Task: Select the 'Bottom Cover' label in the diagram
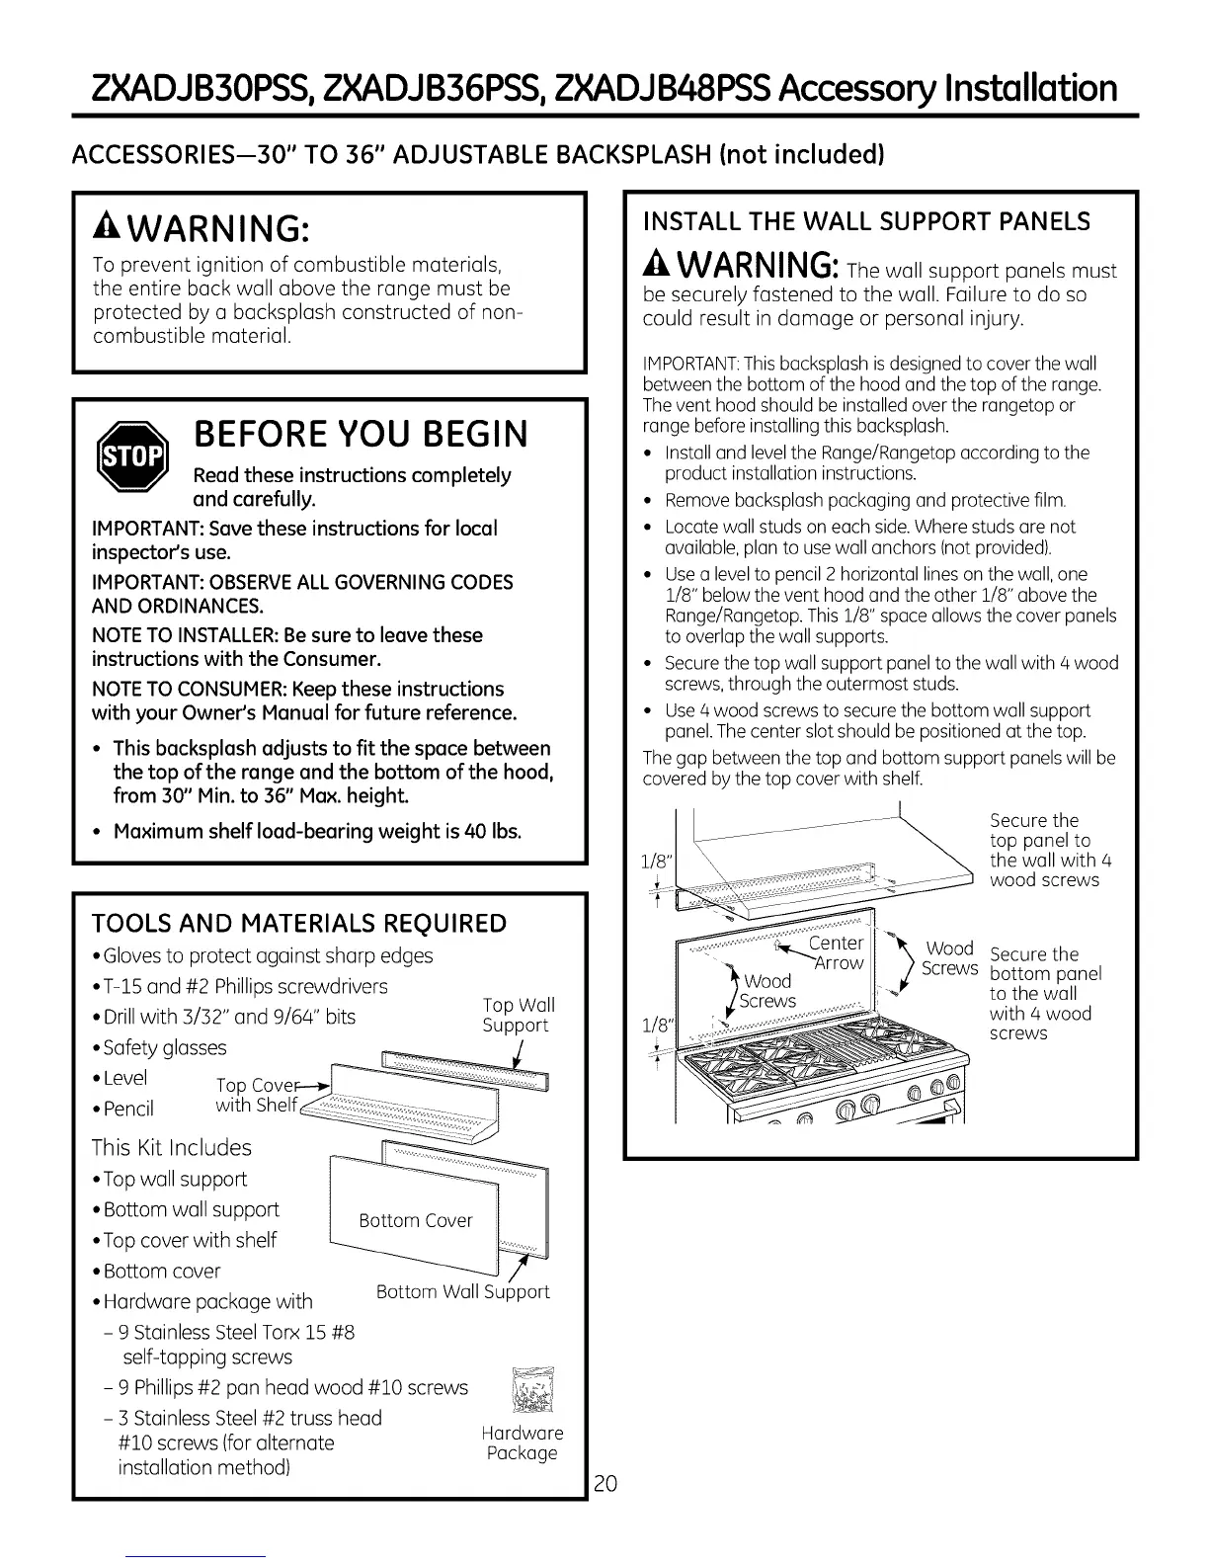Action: point(416,1220)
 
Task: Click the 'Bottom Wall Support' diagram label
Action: point(462,1291)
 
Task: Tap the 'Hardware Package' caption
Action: point(522,1442)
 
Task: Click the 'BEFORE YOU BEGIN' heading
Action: point(361,434)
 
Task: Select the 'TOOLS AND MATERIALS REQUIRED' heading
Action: point(298,923)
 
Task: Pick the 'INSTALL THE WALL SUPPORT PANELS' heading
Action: point(866,221)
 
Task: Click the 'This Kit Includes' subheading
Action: point(171,1147)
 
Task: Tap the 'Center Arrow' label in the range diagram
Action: point(837,952)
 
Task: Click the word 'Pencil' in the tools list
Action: point(128,1109)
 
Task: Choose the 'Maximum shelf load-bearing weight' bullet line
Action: point(316,831)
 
